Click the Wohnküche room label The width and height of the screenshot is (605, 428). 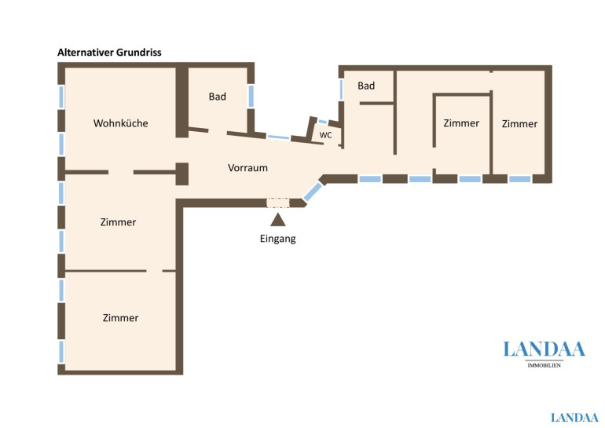(121, 123)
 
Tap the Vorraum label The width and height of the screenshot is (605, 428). (247, 168)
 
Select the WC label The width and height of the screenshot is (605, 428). (325, 135)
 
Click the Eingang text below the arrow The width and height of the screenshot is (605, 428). (278, 239)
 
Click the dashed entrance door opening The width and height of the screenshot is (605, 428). (278, 203)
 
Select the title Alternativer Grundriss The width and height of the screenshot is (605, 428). (109, 53)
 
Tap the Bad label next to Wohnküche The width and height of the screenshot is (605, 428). (217, 97)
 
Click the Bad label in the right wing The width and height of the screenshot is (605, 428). (366, 86)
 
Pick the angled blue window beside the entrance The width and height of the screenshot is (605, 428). (313, 192)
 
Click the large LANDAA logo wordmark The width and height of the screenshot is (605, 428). (544, 349)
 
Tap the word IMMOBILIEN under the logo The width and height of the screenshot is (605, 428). (544, 365)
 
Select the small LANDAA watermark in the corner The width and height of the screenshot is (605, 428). (574, 418)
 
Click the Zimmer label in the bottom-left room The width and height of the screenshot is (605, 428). (120, 318)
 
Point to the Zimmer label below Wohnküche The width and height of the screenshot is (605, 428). (118, 222)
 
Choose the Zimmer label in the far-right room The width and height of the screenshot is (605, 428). (519, 124)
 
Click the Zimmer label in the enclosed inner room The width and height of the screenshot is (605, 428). (461, 123)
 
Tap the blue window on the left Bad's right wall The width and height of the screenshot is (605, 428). (251, 96)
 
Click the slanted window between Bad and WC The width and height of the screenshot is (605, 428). (278, 137)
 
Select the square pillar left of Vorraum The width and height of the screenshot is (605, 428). (182, 174)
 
